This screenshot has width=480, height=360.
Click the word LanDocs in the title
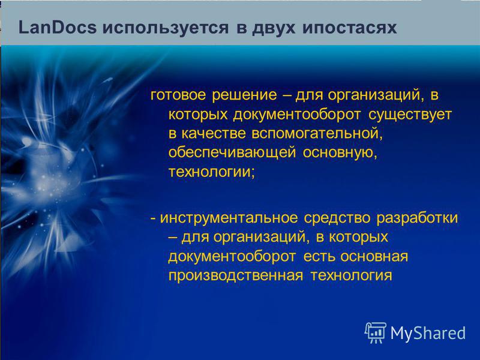(57, 28)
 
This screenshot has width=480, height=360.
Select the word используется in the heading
(166, 28)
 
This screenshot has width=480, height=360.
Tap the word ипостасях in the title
(349, 28)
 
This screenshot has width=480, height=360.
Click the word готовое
(178, 95)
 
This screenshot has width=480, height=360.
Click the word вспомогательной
(317, 134)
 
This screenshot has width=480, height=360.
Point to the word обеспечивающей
(232, 153)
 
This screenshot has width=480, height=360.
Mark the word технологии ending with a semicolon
(212, 172)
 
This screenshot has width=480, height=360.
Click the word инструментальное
(229, 218)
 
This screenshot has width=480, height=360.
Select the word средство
(337, 218)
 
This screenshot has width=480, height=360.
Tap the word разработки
(417, 218)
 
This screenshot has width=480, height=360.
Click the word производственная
(236, 275)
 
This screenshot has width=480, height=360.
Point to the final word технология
(352, 275)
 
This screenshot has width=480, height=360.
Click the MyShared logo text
(428, 333)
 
